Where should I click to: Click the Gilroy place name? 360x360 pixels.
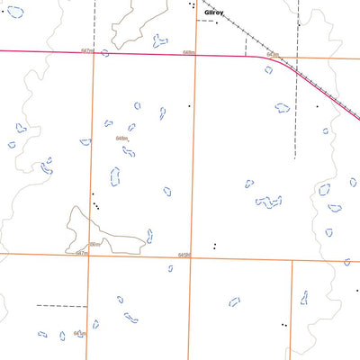pyautogui.click(x=213, y=13)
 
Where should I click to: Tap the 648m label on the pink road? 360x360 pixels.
pyautogui.click(x=188, y=53)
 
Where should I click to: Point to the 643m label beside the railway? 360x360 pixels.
pyautogui.click(x=273, y=55)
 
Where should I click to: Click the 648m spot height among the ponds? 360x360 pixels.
pyautogui.click(x=122, y=138)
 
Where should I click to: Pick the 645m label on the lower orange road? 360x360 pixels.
pyautogui.click(x=184, y=255)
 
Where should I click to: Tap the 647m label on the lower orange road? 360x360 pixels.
pyautogui.click(x=82, y=254)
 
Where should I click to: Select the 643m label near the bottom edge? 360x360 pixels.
pyautogui.click(x=79, y=333)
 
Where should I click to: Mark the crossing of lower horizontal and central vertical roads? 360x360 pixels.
pyautogui.click(x=191, y=258)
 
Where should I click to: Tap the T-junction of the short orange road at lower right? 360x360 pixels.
pyautogui.click(x=292, y=261)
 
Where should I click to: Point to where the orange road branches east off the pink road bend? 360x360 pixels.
pyautogui.click(x=274, y=59)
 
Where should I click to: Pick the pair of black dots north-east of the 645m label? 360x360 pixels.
pyautogui.click(x=214, y=245)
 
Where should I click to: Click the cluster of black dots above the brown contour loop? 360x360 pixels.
pyautogui.click(x=94, y=204)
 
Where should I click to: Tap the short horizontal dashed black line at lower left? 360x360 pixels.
pyautogui.click(x=52, y=306)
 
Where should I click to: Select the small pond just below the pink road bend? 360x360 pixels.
pyautogui.click(x=268, y=69)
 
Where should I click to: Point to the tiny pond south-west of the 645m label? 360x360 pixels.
pyautogui.click(x=170, y=268)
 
